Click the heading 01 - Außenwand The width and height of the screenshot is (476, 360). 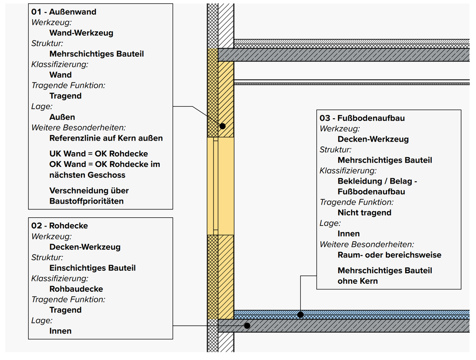pyautogui.click(x=64, y=12)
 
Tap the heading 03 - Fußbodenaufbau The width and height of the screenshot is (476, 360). pyautogui.click(x=362, y=118)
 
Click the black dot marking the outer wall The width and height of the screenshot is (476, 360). pyautogui.click(x=222, y=126)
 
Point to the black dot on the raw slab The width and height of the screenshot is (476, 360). pyautogui.click(x=247, y=326)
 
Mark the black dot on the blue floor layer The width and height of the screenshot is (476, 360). pyautogui.click(x=300, y=314)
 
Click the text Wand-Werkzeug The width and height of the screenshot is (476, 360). pyautogui.click(x=81, y=33)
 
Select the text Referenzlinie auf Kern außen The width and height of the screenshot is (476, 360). pyautogui.click(x=106, y=138)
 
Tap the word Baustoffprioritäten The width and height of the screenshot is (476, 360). pyautogui.click(x=86, y=201)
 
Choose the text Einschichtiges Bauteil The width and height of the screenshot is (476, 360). pyautogui.click(x=92, y=268)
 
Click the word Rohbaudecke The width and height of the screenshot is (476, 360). pyautogui.click(x=76, y=289)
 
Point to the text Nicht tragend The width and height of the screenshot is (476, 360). pyautogui.click(x=364, y=213)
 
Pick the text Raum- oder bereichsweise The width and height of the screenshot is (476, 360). pyautogui.click(x=389, y=255)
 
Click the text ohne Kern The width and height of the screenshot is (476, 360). pyautogui.click(x=357, y=281)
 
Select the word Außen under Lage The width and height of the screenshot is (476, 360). pyautogui.click(x=62, y=117)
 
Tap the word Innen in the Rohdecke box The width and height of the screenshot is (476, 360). pyautogui.click(x=61, y=331)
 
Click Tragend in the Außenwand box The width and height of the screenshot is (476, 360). pyautogui.click(x=65, y=96)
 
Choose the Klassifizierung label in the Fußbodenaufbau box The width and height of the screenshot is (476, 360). pyautogui.click(x=348, y=171)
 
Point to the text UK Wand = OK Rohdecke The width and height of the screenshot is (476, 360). pyautogui.click(x=99, y=154)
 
